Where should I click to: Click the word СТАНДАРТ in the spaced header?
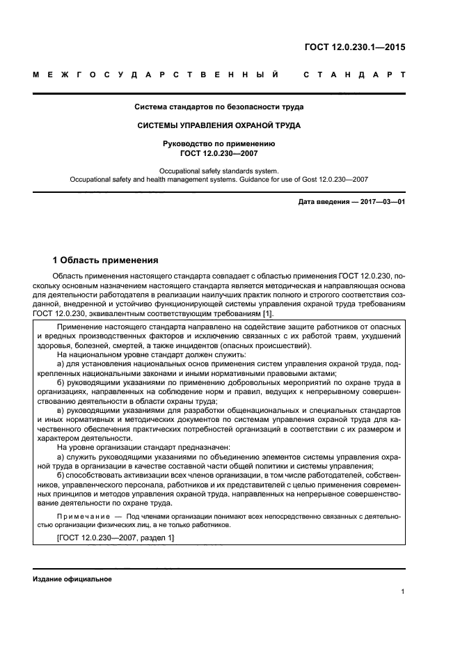coord(355,74)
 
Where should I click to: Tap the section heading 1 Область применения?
coord(106,260)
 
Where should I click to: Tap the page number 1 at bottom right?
coord(403,592)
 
